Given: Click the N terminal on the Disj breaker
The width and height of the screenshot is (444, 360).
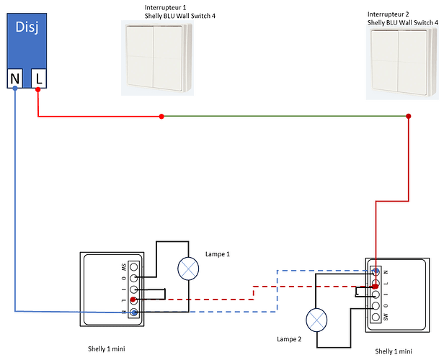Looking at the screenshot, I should [14, 78].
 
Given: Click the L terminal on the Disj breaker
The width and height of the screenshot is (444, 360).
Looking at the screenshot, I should [38, 78].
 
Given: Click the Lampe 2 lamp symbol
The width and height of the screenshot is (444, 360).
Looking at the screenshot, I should [317, 318].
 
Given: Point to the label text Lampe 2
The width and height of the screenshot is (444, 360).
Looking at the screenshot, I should [289, 338].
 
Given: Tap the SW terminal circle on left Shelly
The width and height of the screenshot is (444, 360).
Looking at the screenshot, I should [133, 266].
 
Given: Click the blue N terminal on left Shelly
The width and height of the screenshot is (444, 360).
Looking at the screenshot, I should [133, 312].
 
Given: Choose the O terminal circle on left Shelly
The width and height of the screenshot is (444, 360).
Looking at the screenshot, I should [133, 278].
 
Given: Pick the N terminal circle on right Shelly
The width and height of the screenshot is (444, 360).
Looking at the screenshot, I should [375, 271].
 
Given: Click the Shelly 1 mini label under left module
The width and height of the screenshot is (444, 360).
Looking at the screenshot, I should [107, 348].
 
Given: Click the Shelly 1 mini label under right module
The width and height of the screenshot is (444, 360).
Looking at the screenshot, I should [394, 351].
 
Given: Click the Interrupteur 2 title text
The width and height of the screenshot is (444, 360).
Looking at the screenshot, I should [389, 14].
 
